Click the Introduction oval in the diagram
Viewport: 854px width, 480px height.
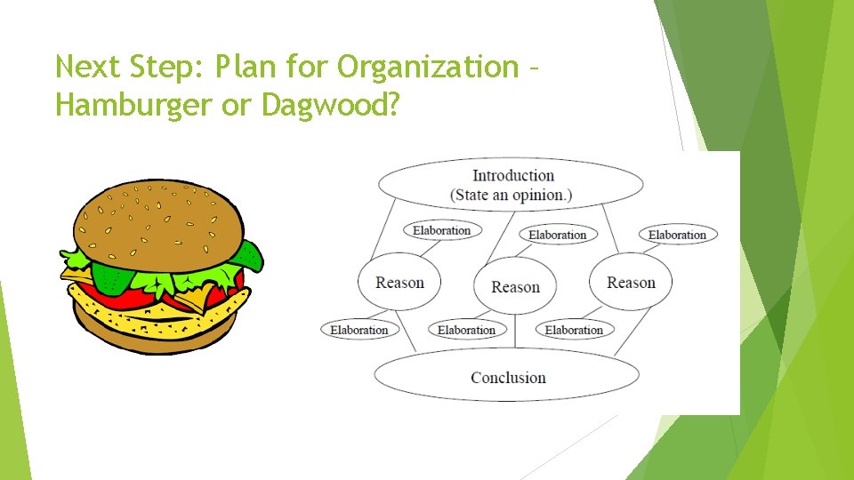[x=511, y=185]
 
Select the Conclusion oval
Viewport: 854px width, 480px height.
[x=507, y=377]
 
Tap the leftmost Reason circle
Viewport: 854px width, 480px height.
[x=399, y=283]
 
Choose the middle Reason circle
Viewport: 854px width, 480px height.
[x=515, y=286]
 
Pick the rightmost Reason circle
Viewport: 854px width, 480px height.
[x=631, y=283]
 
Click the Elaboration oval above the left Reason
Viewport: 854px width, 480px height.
[x=441, y=230]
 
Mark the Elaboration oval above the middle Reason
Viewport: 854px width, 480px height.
[x=557, y=235]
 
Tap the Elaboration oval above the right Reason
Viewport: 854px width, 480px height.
[x=677, y=235]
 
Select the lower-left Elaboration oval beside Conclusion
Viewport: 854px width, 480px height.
[x=359, y=330]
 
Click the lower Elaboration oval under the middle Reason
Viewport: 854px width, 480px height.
[x=466, y=330]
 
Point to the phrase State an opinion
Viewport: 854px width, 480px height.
[x=511, y=195]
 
